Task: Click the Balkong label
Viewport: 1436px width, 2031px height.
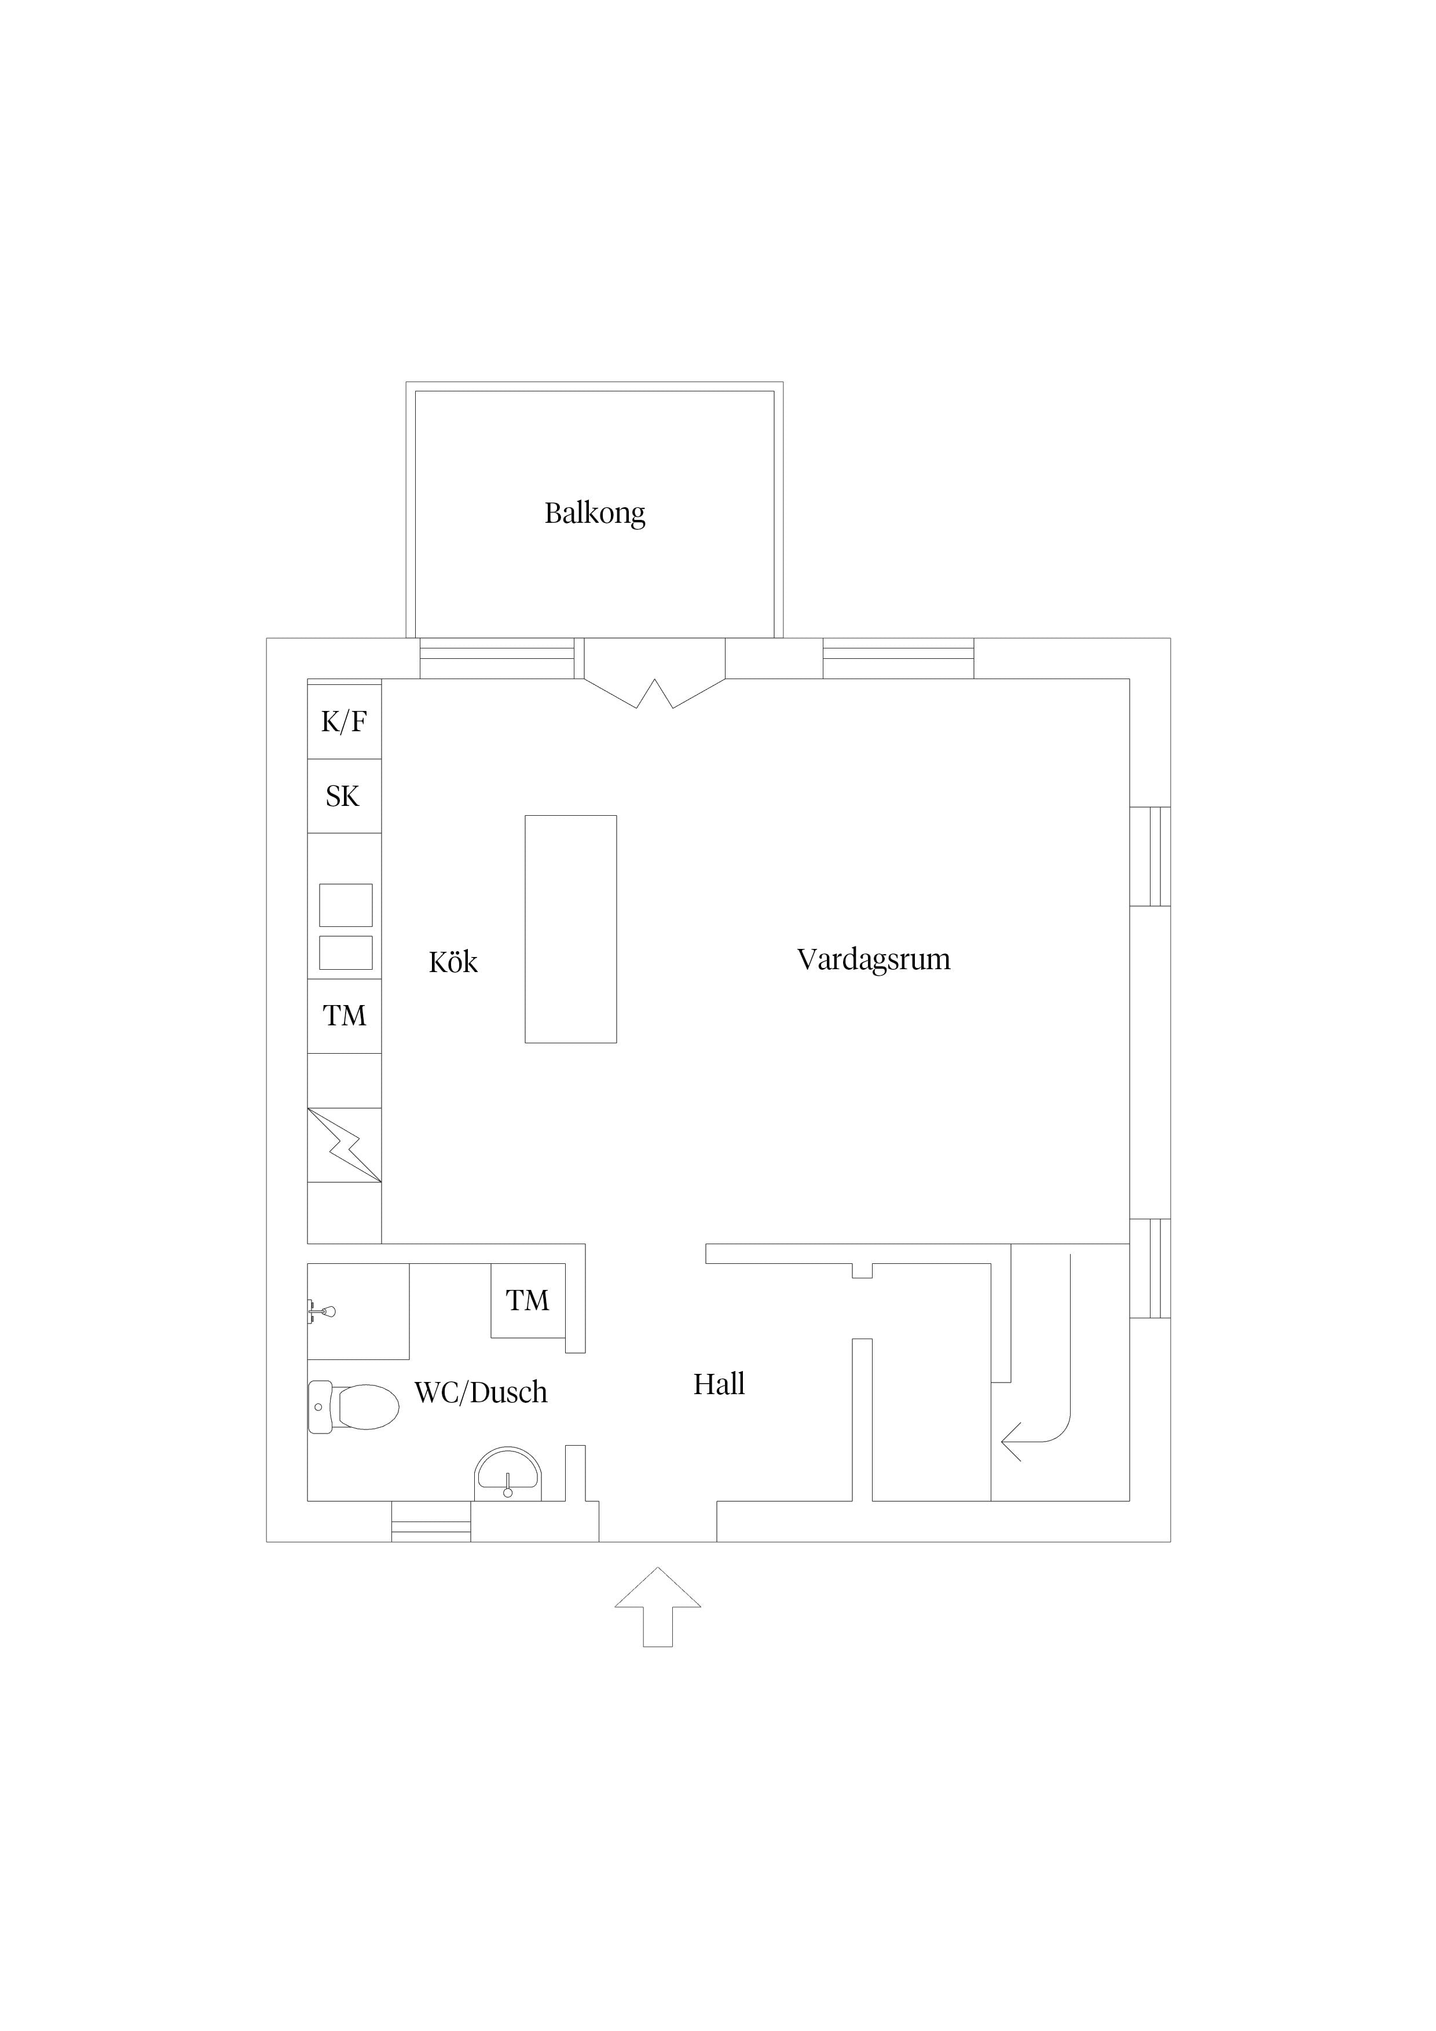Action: (595, 513)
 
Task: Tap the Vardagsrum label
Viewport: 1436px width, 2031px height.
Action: (873, 960)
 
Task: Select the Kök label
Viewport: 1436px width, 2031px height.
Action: (453, 962)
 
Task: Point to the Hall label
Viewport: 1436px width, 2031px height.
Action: (719, 1384)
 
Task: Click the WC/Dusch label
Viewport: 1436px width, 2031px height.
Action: (481, 1392)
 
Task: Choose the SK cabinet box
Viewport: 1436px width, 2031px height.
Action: (344, 796)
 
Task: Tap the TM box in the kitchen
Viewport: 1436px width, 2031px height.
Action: (344, 1015)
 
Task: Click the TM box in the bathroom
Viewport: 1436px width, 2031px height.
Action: (528, 1300)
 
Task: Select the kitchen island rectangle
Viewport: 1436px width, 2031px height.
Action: (571, 929)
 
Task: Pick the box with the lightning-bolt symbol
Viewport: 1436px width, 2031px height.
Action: (344, 1145)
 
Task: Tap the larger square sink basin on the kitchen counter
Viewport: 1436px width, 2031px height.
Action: (346, 905)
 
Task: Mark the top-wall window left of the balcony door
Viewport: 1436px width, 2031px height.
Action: (497, 658)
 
